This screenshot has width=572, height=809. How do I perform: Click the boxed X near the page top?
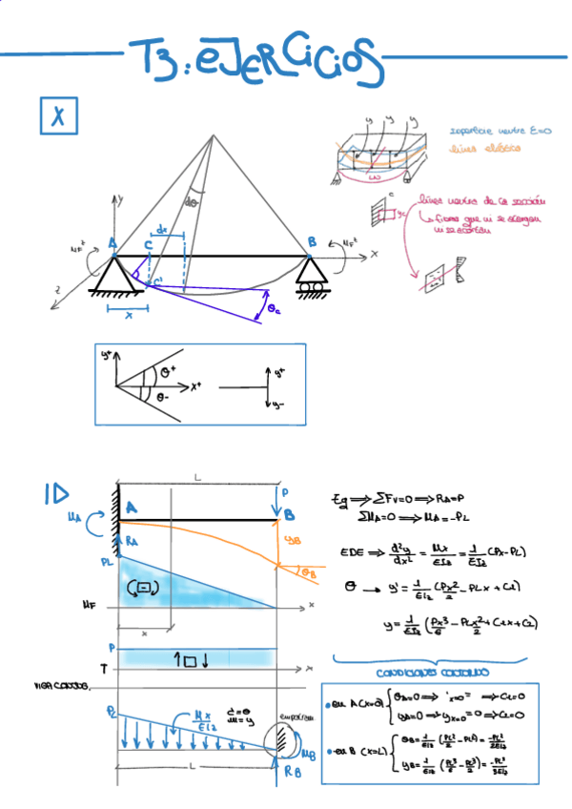[x=58, y=116]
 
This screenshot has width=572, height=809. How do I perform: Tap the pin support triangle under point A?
[x=112, y=276]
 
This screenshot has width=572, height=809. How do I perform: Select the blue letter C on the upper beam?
[x=148, y=246]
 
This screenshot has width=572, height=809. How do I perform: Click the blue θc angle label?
[x=274, y=309]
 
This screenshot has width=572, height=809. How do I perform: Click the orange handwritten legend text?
[x=486, y=148]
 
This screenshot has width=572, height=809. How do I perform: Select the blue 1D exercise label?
[x=55, y=493]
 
